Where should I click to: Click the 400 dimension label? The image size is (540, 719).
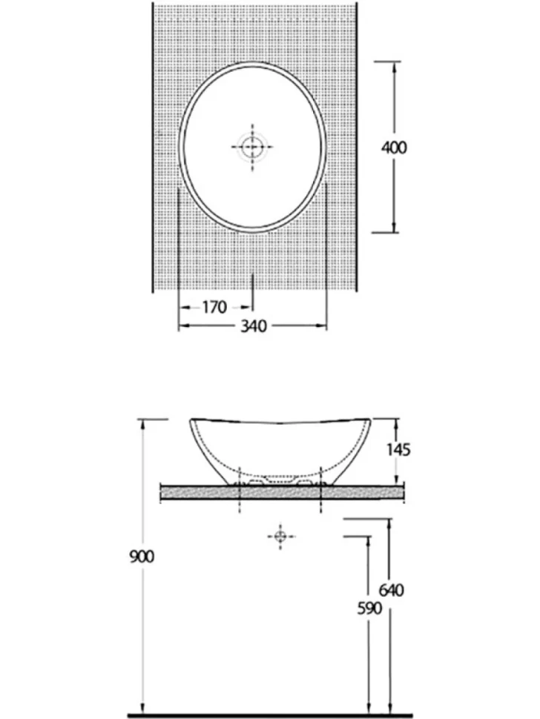point(394,148)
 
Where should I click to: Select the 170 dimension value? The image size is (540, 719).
point(214,307)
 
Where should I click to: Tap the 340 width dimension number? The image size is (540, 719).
point(254,326)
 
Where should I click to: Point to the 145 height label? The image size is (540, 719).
point(398,450)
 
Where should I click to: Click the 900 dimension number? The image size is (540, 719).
point(142,557)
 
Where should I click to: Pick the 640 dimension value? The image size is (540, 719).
point(392,590)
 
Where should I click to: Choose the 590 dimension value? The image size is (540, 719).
point(369,609)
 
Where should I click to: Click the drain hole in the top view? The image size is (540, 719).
point(252,148)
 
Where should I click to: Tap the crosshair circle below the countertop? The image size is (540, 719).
point(280,536)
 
